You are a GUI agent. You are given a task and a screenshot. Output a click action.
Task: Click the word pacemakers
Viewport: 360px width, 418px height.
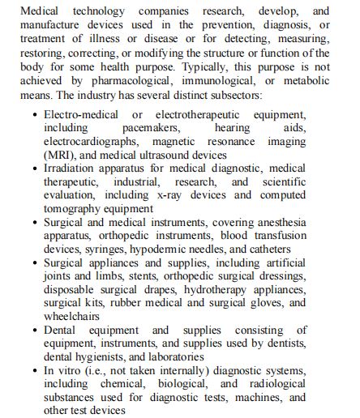point(151,127)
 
